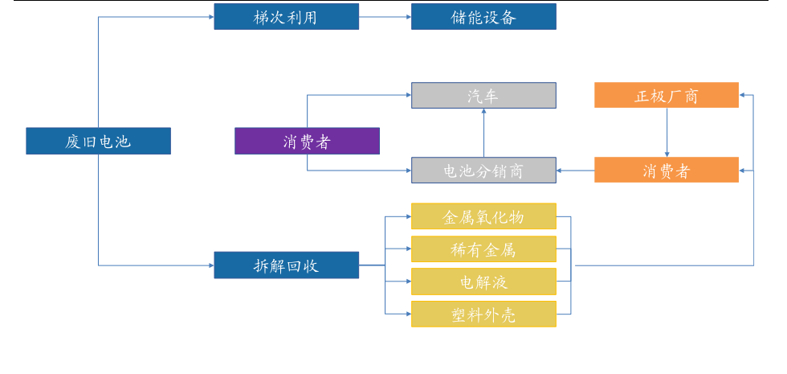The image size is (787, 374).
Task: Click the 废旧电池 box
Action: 98,142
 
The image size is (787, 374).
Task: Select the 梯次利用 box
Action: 286,17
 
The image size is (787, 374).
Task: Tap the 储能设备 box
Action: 483,17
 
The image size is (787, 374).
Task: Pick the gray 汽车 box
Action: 483,96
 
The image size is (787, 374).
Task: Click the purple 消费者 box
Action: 307,142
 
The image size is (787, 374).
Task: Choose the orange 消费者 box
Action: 666,170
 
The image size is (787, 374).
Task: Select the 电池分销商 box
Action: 483,170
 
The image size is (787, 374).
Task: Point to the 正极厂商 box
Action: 666,96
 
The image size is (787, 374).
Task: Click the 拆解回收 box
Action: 286,265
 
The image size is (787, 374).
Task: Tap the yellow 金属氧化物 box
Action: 483,216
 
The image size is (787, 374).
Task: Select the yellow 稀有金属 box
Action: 483,249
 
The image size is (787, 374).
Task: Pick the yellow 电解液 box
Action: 483,282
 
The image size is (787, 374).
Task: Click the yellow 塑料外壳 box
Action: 483,314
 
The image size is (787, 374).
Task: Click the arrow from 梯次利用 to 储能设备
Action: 385,17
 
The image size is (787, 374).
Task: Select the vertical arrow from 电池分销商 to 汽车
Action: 483,133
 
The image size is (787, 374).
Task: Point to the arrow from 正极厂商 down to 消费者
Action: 666,133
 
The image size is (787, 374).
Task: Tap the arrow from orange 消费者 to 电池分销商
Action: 575,170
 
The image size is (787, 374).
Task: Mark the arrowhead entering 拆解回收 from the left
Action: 210,265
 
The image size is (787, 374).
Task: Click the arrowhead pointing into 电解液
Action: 408,282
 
